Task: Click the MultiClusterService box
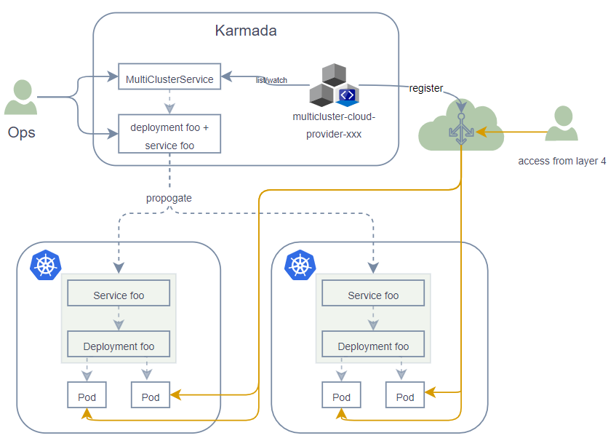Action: coord(169,79)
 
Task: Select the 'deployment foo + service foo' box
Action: coord(169,136)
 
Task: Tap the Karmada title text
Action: coord(246,31)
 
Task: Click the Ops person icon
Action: coord(21,98)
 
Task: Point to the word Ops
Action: coord(21,133)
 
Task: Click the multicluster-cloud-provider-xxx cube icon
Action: coord(334,86)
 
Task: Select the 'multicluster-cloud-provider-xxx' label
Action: coord(334,124)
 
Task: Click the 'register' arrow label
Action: coord(425,88)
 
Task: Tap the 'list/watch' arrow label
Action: coord(271,80)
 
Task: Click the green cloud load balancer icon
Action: coord(460,128)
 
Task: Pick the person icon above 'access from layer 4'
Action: coord(561,124)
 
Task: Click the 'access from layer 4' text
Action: coord(561,161)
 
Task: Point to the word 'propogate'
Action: coord(169,198)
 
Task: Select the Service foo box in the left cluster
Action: coord(119,295)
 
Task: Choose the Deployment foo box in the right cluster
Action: coord(373,346)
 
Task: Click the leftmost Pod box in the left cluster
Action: coord(87,397)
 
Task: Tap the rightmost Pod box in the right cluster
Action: coord(405,397)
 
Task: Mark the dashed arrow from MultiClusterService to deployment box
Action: coord(169,102)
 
